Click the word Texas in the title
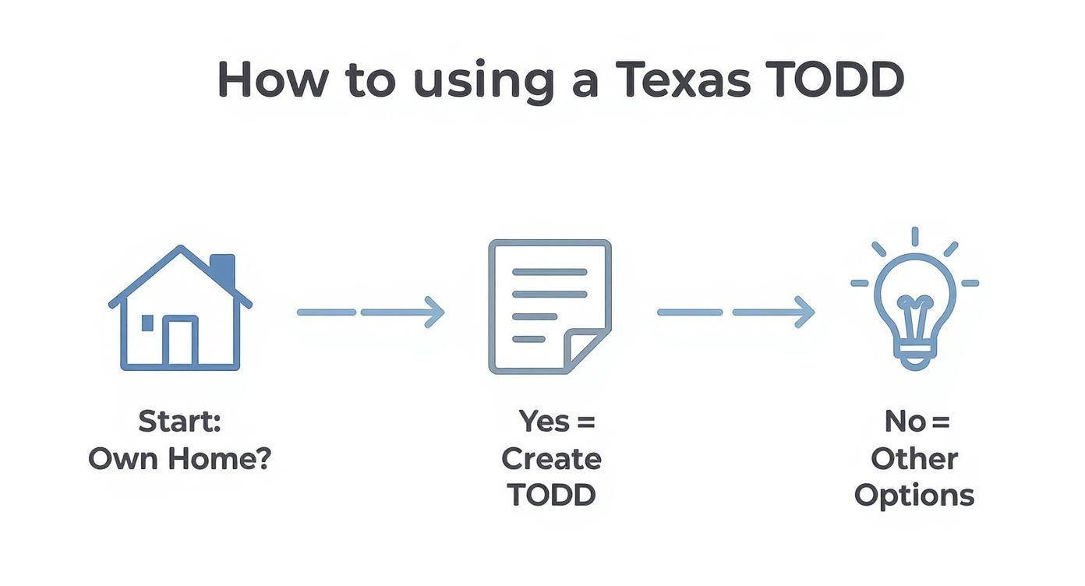[682, 79]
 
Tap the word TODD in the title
[836, 79]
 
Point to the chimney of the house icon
[223, 270]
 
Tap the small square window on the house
[147, 323]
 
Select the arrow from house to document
[370, 312]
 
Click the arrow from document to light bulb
[736, 312]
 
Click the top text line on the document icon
[550, 272]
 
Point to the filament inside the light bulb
[914, 305]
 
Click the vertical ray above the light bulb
[914, 237]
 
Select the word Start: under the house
[180, 422]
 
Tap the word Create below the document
[551, 458]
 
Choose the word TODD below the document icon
[551, 495]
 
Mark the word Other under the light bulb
[914, 458]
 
